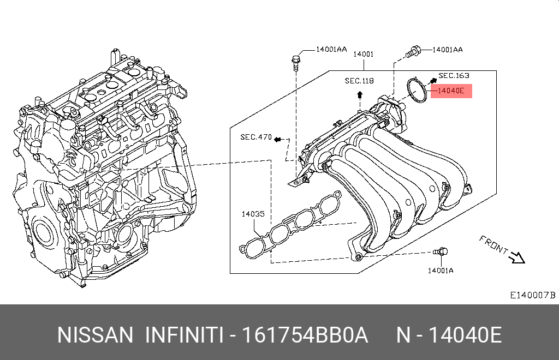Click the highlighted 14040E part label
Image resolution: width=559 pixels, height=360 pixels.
click(450, 91)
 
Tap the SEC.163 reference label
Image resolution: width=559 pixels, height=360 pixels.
click(454, 76)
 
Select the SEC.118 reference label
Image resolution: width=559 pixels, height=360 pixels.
click(359, 81)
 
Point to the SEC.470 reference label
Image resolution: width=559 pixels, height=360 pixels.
click(255, 137)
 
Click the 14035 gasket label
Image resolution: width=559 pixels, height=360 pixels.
click(253, 214)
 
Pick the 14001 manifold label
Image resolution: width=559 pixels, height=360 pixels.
click(363, 54)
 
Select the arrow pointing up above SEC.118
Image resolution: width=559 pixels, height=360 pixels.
click(360, 95)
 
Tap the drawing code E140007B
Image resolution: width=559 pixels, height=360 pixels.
click(532, 295)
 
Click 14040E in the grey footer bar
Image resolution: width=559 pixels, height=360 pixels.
click(465, 335)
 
